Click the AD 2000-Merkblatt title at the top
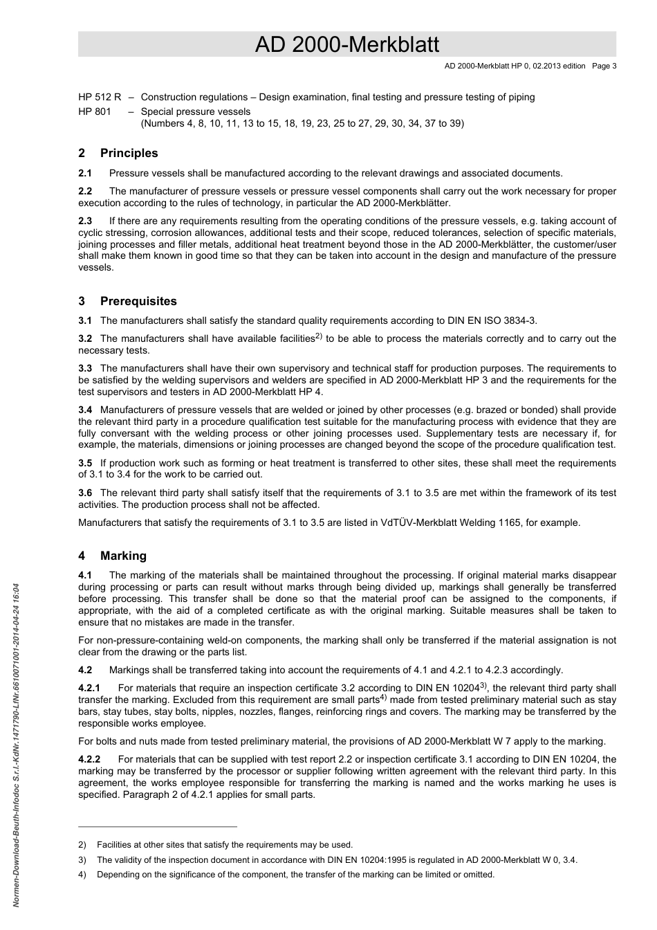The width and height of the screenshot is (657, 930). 346,45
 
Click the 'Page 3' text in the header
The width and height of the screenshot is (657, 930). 604,66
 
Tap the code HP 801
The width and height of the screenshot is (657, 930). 94,111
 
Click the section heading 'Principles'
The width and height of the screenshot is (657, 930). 129,154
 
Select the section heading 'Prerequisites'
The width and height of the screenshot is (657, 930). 138,302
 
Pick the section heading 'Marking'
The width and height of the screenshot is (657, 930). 123,556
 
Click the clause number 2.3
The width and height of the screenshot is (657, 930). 85,221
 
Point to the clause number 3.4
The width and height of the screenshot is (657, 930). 85,410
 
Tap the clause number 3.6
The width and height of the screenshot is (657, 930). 85,493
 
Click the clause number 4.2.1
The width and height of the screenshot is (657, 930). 89,688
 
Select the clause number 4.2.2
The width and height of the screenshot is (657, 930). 89,759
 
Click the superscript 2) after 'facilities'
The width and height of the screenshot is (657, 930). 319,336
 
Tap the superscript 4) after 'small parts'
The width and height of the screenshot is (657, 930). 383,697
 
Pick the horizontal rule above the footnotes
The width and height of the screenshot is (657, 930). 158,826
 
